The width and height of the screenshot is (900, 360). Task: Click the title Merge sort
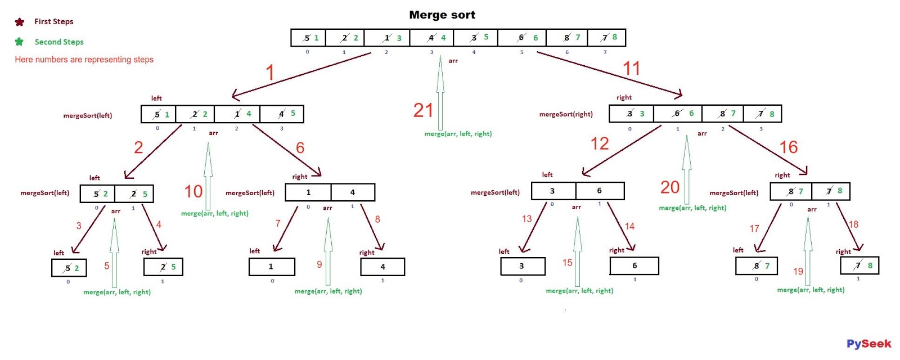pyautogui.click(x=442, y=15)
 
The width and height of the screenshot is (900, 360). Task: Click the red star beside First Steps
pyautogui.click(x=20, y=22)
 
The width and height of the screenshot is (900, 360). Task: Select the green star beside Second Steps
pyautogui.click(x=19, y=42)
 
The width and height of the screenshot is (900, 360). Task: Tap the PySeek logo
pyautogui.click(x=868, y=344)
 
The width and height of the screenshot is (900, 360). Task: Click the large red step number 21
pyautogui.click(x=423, y=110)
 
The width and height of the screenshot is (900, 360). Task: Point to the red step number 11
pyautogui.click(x=631, y=69)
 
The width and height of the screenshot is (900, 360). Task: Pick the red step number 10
pyautogui.click(x=193, y=192)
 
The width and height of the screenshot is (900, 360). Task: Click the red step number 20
pyautogui.click(x=670, y=187)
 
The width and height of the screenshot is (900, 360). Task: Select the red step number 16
pyautogui.click(x=788, y=147)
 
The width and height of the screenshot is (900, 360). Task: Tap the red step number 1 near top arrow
pyautogui.click(x=270, y=73)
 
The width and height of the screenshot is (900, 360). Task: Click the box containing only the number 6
pyautogui.click(x=634, y=265)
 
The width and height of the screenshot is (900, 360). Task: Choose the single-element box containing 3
pyautogui.click(x=523, y=266)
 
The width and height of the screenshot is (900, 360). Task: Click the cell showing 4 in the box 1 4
pyautogui.click(x=353, y=192)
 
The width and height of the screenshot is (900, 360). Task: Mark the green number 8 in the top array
pyautogui.click(x=614, y=37)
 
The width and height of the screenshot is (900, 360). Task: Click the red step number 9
pyautogui.click(x=319, y=264)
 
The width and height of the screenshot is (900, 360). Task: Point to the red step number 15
pyautogui.click(x=567, y=263)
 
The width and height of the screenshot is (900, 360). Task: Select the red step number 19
pyautogui.click(x=798, y=272)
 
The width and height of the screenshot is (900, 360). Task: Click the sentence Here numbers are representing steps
pyautogui.click(x=84, y=60)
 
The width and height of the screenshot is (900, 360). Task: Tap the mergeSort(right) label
pyautogui.click(x=566, y=114)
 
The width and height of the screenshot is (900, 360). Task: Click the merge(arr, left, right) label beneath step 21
pyautogui.click(x=458, y=134)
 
